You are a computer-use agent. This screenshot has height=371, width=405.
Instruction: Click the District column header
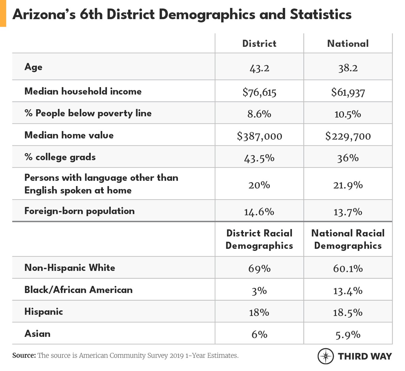click(259, 44)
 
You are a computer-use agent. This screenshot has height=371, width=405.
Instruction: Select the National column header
click(348, 44)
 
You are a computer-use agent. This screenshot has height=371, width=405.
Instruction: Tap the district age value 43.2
click(259, 68)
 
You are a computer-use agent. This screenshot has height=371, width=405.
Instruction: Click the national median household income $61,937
click(348, 92)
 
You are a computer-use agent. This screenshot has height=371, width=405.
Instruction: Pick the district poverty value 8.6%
click(259, 114)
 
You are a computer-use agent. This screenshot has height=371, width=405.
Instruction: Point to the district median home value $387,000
click(259, 136)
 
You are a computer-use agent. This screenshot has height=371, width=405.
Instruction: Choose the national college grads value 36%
click(348, 158)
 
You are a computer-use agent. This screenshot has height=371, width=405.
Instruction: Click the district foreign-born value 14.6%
click(259, 212)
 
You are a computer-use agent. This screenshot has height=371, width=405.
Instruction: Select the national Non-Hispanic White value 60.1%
click(348, 268)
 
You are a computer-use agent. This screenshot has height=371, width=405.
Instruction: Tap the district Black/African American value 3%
click(259, 291)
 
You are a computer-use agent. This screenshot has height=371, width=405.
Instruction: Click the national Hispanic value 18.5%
click(348, 312)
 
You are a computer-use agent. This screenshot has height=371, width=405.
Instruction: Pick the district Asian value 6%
click(259, 334)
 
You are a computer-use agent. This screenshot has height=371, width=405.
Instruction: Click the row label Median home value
click(69, 135)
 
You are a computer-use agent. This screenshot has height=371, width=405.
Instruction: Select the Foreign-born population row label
click(79, 211)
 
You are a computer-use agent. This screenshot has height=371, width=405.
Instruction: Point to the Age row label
click(33, 67)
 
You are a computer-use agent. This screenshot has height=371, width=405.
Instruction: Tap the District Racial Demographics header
click(259, 239)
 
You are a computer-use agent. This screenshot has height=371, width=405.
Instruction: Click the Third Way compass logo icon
click(325, 356)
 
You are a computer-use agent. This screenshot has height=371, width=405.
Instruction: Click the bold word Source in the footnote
click(24, 355)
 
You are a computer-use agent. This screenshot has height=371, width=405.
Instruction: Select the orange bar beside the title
click(3, 13)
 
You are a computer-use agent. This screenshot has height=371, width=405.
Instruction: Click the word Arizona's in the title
click(44, 14)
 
